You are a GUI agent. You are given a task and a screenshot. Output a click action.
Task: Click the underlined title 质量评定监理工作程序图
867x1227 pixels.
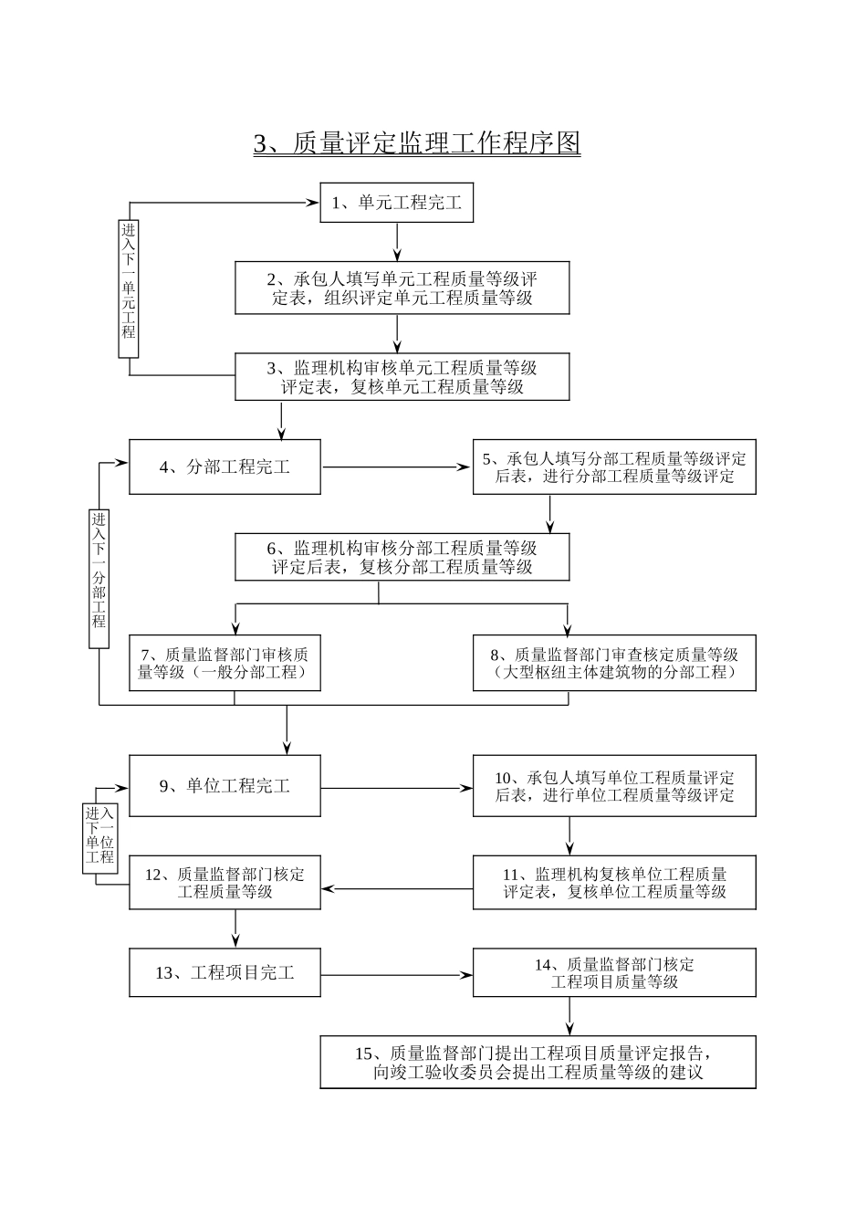coord(417,143)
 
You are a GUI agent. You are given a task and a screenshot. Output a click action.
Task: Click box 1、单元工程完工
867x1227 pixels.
coord(396,203)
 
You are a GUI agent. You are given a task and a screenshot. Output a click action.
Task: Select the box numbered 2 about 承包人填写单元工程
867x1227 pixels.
coord(402,288)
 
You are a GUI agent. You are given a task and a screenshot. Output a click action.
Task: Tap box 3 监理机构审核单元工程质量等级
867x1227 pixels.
coord(402,377)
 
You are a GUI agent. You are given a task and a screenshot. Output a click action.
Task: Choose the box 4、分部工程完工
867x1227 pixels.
coord(225,467)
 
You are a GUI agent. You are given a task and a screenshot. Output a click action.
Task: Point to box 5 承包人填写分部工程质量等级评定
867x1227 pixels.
coord(614,467)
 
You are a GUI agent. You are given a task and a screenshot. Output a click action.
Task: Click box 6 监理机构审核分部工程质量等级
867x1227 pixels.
coord(402,557)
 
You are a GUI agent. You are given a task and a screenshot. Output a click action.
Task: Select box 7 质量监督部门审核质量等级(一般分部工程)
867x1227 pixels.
coord(225,663)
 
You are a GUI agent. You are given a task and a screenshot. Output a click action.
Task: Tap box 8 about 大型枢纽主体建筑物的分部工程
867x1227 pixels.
coord(614,663)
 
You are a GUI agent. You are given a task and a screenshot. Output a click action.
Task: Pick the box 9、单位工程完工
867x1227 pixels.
coord(225,786)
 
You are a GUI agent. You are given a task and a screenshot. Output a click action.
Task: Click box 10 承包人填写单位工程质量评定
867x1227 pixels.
coord(614,786)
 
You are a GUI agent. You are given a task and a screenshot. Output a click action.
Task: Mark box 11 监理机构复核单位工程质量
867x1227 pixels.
coord(614,882)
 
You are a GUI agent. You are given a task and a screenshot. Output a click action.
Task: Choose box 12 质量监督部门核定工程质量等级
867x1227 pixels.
coord(225,882)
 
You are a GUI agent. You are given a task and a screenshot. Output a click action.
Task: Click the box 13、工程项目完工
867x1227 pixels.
coord(225,973)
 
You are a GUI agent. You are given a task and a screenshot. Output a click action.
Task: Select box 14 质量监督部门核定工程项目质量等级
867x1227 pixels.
coord(614,972)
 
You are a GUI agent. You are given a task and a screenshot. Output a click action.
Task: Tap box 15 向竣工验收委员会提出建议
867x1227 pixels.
coord(538,1063)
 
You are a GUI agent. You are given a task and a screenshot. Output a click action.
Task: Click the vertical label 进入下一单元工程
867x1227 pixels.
coord(129,279)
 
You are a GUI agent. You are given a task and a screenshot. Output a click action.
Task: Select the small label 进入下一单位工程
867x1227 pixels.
coord(100,835)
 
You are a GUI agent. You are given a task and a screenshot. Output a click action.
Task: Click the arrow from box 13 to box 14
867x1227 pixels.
coord(396,975)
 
